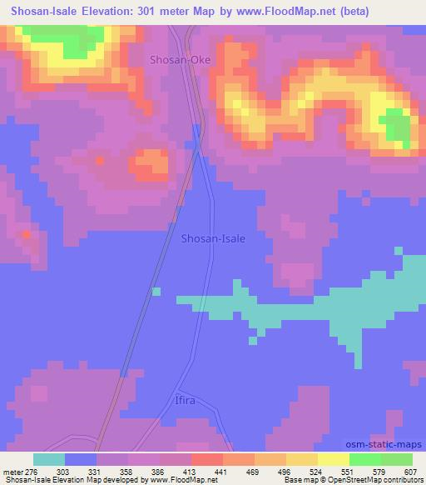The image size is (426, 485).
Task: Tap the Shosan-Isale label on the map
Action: [x=213, y=238]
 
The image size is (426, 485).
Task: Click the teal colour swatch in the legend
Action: [x=48, y=459]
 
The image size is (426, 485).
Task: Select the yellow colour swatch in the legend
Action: [x=333, y=459]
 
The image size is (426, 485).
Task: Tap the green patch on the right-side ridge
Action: [x=398, y=125]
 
